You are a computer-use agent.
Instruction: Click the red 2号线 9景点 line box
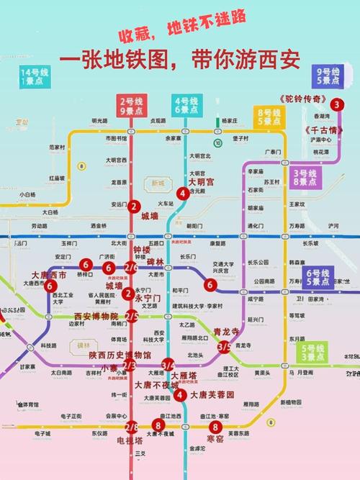pos(132,105)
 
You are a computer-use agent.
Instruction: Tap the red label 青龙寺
pos(227,332)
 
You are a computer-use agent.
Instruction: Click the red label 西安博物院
pos(96,316)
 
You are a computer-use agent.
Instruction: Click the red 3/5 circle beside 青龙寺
pos(224,347)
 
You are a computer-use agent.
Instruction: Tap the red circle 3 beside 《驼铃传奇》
pos(338,104)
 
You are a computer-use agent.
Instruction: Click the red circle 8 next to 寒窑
pos(215,427)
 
